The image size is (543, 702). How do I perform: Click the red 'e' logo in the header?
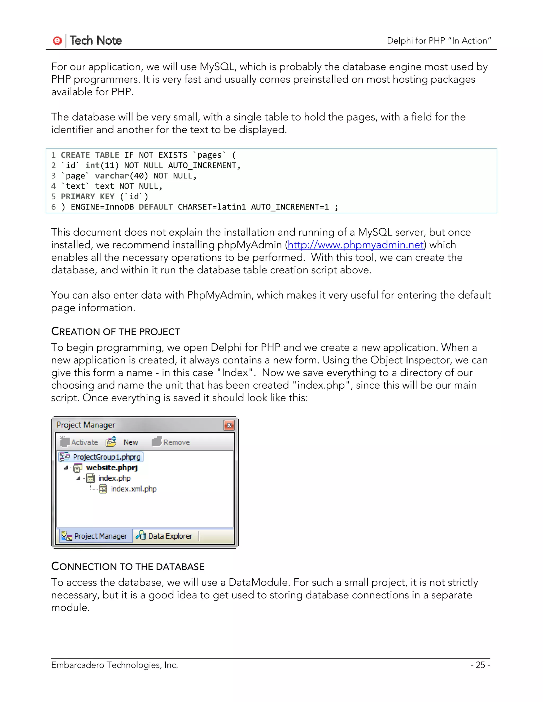(x=57, y=41)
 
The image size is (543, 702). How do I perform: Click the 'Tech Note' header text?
(x=95, y=41)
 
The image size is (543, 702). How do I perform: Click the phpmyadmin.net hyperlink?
(x=356, y=245)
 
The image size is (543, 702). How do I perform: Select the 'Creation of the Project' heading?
(x=116, y=331)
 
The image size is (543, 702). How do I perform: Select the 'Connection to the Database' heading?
(x=128, y=566)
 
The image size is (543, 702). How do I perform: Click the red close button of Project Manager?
(x=229, y=425)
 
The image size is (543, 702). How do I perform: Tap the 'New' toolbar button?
(x=124, y=442)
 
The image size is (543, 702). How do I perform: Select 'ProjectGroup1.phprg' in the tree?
(x=106, y=457)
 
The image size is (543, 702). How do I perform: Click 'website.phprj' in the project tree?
(x=112, y=468)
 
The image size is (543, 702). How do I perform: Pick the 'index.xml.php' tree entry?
(x=133, y=489)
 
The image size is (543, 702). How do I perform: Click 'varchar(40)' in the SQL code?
(x=121, y=176)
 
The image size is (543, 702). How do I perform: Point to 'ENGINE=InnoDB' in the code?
(x=102, y=207)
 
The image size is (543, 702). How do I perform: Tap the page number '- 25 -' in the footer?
(x=480, y=665)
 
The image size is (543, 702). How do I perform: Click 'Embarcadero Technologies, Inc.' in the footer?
(x=114, y=665)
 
